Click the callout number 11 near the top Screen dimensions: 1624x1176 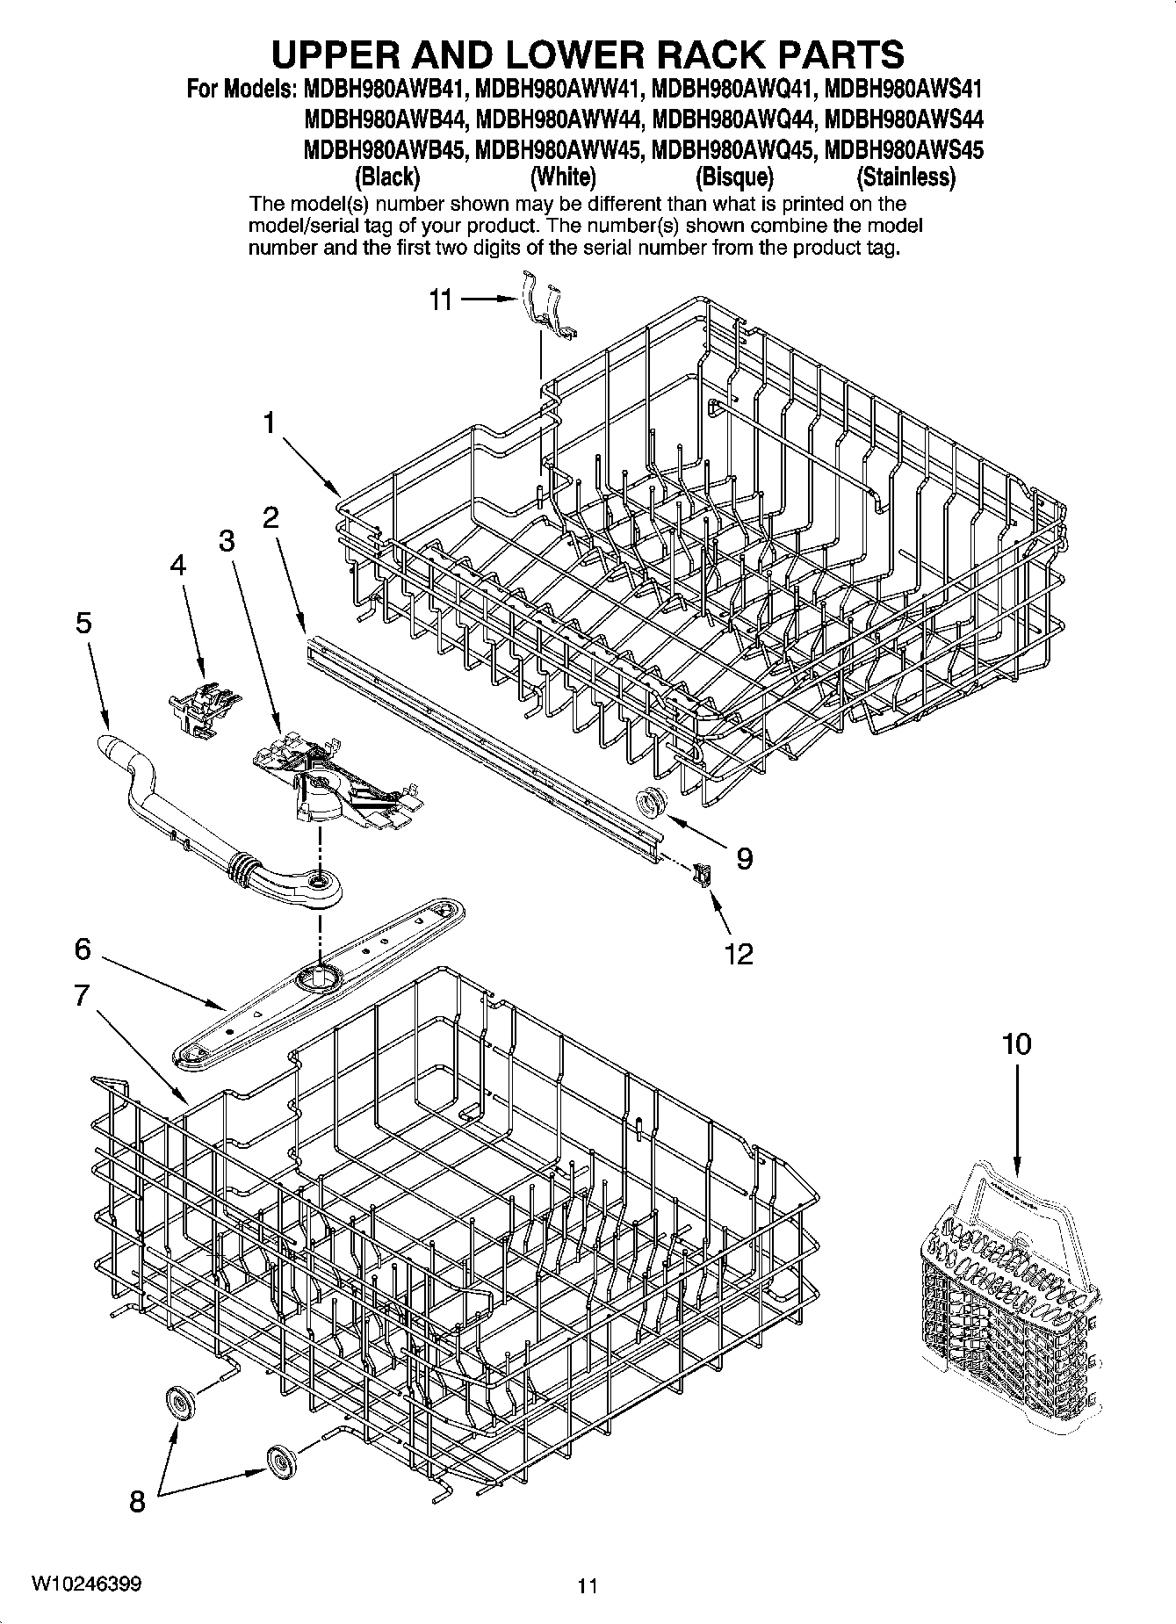[x=440, y=300]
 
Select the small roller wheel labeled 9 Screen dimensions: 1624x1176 [x=651, y=801]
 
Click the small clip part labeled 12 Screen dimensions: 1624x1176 [x=701, y=875]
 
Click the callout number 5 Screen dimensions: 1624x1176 [x=83, y=624]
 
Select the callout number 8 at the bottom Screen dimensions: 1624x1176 [x=137, y=1502]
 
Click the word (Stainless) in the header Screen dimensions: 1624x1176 [x=905, y=177]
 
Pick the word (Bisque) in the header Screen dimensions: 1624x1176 [x=734, y=177]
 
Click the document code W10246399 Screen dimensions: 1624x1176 [x=86, y=1584]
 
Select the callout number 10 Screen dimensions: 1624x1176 [x=1016, y=1044]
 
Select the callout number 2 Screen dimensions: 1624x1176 [x=271, y=517]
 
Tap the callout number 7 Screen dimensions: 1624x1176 [x=82, y=995]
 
